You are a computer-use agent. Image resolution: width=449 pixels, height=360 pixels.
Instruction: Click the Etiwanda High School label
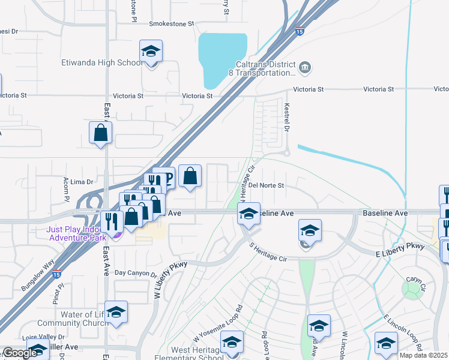click(102, 62)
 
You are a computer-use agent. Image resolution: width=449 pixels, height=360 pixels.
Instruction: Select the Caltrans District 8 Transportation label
click(264, 68)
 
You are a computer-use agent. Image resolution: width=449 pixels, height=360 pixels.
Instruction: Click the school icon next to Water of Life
click(116, 312)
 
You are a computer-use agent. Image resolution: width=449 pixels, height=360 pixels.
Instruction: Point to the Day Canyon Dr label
click(136, 273)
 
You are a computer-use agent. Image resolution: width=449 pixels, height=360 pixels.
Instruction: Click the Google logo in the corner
click(20, 353)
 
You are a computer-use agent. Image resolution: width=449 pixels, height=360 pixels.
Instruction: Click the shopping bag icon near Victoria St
click(100, 133)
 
